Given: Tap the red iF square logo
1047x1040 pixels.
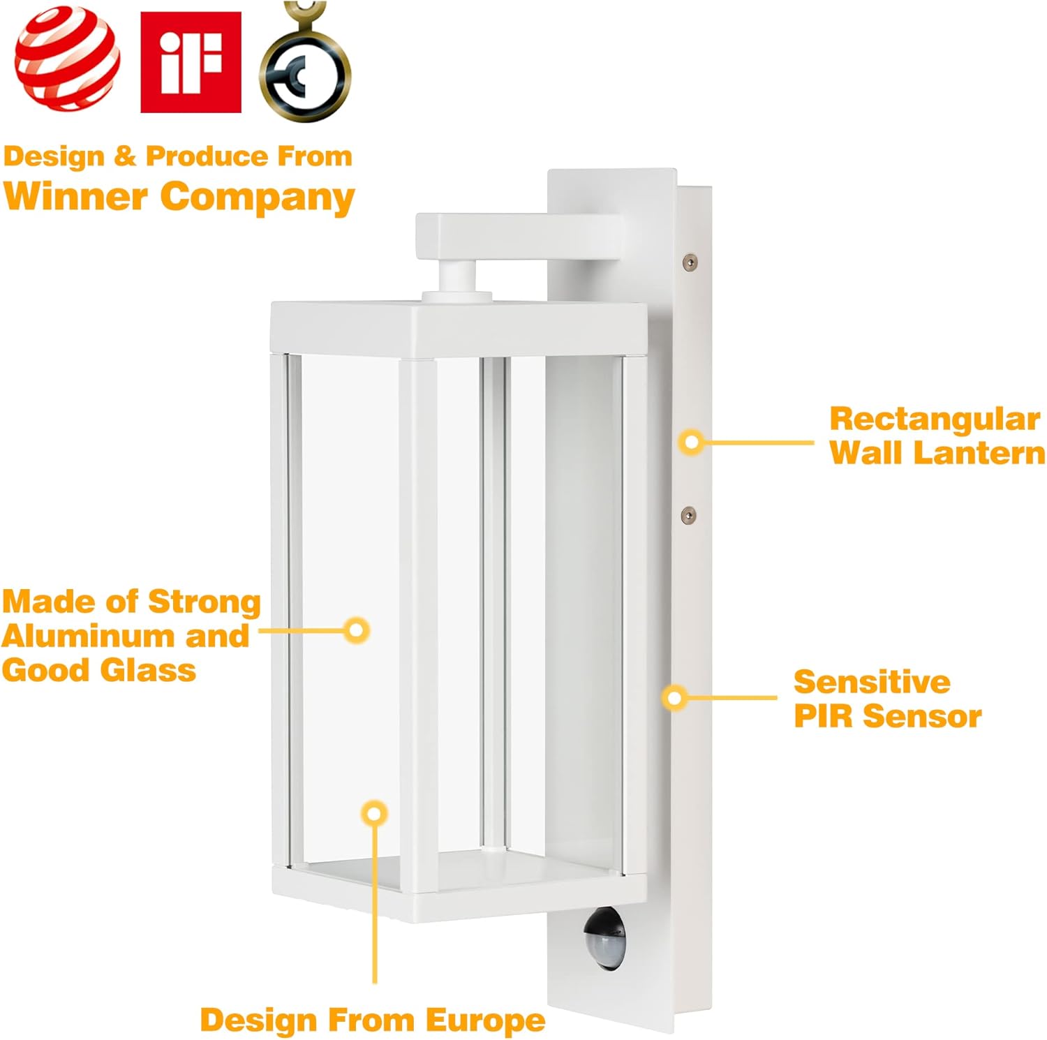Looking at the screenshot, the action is point(191,61).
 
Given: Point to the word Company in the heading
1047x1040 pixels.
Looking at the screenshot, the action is point(257,197).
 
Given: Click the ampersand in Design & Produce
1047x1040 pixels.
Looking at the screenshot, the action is point(125,156).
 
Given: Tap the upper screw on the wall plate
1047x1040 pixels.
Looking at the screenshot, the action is point(690,262).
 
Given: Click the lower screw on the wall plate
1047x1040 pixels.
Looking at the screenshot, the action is point(688,516).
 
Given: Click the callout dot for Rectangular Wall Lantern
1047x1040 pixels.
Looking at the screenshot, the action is point(692,442).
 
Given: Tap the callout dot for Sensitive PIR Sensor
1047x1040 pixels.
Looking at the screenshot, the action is point(674,697).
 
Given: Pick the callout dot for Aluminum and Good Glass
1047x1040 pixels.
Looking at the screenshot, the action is point(357,630).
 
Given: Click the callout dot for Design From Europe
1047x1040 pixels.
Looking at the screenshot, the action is point(375,813).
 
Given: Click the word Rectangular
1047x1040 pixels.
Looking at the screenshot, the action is point(935,419).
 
